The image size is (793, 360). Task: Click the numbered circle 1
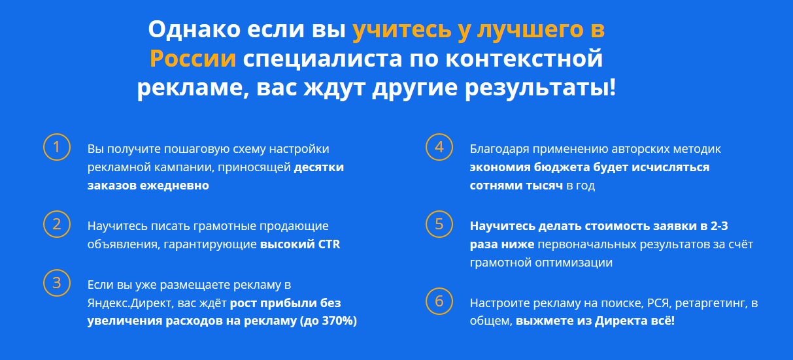click(57, 135)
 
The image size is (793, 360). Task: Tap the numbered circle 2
click(57, 212)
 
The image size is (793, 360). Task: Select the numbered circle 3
click(57, 270)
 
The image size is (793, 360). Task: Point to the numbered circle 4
click(439, 135)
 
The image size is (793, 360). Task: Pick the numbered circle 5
click(439, 212)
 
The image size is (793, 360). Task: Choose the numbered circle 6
click(439, 289)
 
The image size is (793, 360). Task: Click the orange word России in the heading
click(193, 58)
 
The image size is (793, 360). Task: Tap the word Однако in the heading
click(194, 29)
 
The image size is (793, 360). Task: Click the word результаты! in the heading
click(540, 88)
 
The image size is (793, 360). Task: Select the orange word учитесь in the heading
click(402, 29)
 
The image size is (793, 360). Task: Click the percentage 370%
click(337, 321)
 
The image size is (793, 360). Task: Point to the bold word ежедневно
click(175, 186)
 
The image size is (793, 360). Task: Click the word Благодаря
click(499, 150)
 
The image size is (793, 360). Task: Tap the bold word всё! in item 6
click(664, 321)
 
